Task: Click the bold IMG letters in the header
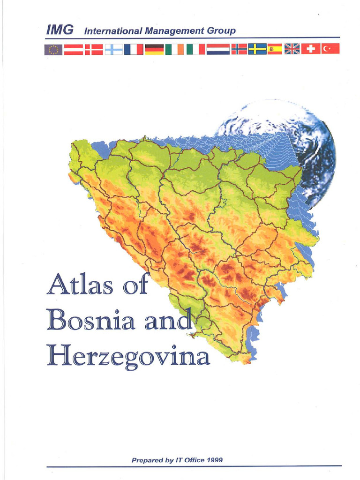(60, 30)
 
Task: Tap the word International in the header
(113, 31)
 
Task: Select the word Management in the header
(174, 32)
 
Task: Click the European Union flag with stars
(53, 49)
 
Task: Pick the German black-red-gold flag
(154, 49)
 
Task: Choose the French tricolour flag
(134, 49)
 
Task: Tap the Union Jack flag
(292, 49)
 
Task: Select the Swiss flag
(310, 49)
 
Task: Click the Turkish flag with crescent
(330, 49)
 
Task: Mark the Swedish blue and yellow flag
(257, 49)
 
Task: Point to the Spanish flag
(275, 49)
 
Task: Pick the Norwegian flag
(239, 49)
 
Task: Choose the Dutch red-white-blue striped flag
(218, 49)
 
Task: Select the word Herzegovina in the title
(128, 358)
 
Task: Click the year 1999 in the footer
(214, 447)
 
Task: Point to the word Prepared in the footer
(147, 447)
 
